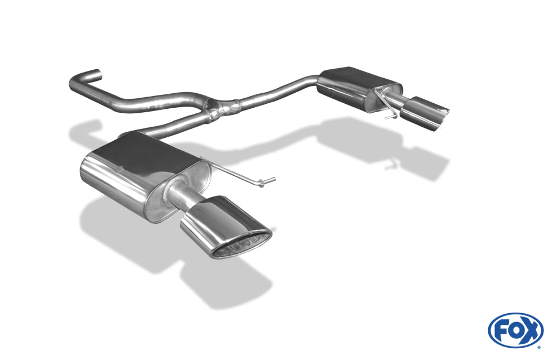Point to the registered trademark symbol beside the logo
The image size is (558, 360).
[x=539, y=347]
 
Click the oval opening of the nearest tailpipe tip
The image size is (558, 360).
[x=242, y=246]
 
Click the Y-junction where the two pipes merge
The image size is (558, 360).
[x=215, y=109]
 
